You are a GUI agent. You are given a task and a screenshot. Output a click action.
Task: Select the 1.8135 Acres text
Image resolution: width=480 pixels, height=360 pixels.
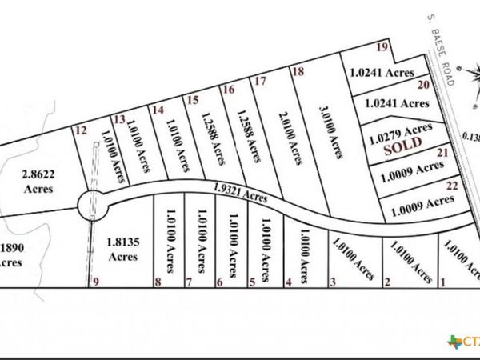[x=122, y=250]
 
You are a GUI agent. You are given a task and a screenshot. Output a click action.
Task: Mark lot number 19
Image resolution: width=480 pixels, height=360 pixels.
[x=383, y=48]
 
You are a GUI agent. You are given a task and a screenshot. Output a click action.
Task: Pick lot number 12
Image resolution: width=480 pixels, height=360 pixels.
[x=79, y=129]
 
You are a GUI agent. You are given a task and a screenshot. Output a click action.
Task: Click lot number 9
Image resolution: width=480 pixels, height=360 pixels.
[x=95, y=281]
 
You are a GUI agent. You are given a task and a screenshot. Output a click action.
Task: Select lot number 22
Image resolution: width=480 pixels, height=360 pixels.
[x=451, y=185]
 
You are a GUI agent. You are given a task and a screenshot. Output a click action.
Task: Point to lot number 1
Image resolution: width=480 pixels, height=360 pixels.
[x=443, y=282]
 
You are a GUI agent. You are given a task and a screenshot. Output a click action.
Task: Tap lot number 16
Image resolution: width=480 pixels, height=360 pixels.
[x=229, y=90]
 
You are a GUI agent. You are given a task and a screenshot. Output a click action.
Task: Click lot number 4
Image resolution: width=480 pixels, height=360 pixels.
[x=288, y=282]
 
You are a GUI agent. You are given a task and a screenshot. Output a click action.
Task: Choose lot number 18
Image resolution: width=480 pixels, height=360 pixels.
[x=298, y=72]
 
